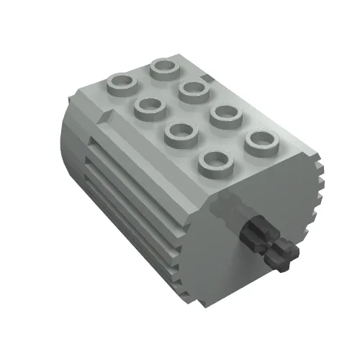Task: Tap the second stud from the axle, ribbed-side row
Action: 182,133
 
